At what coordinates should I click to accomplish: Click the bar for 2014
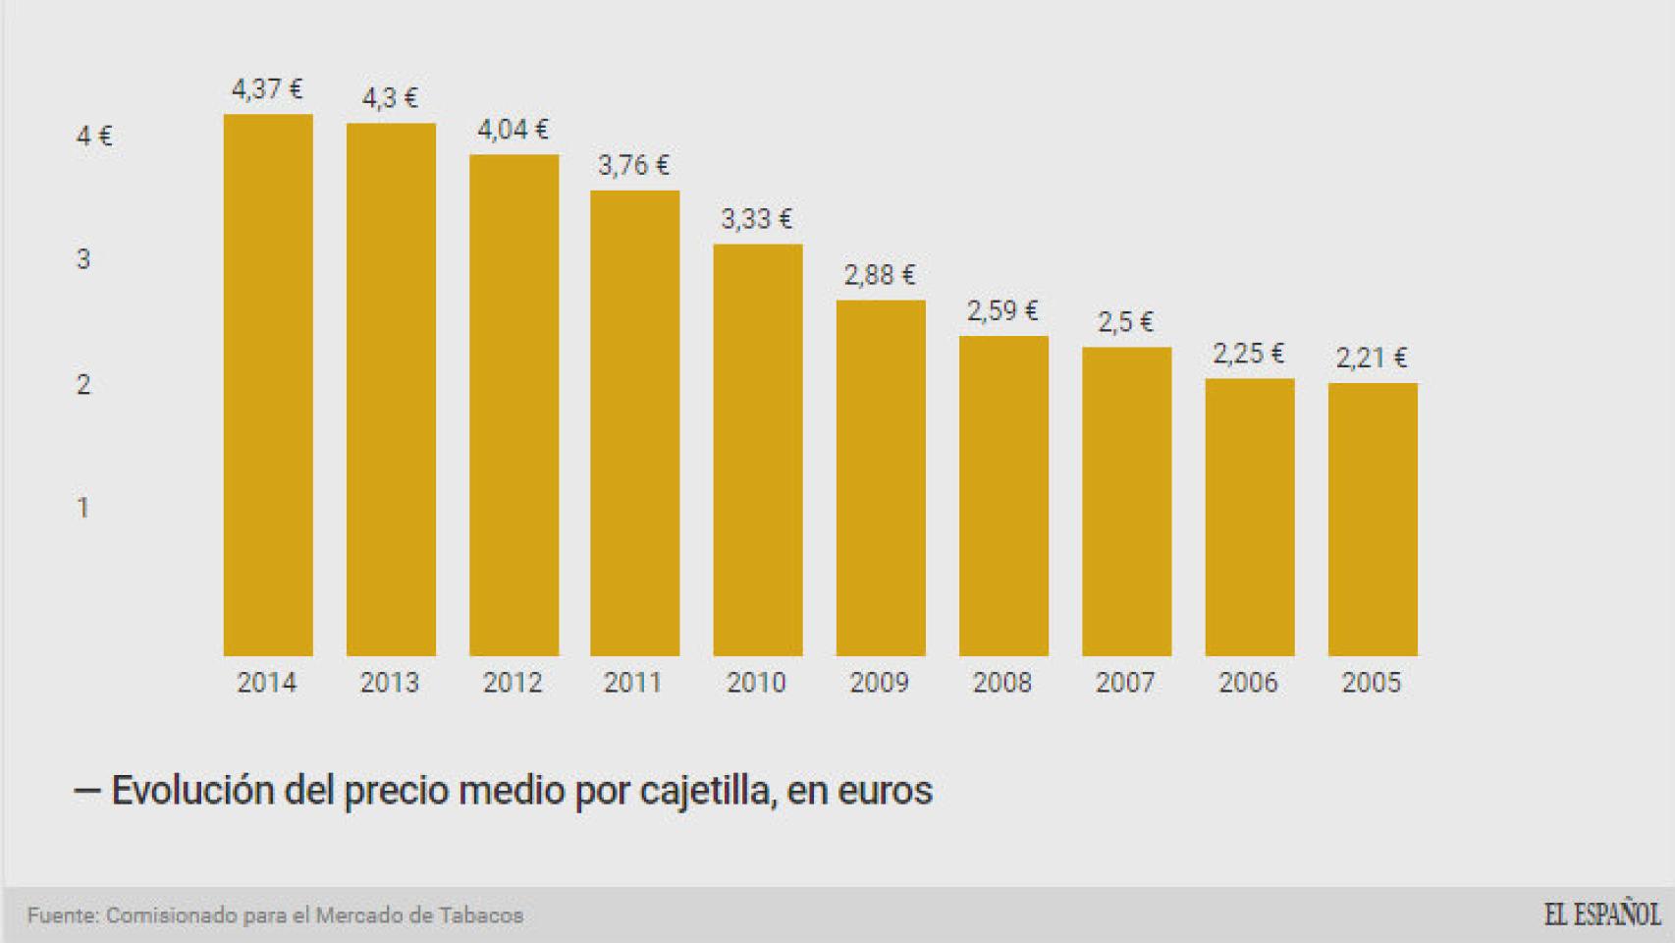(x=268, y=385)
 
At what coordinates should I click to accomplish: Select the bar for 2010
(x=758, y=450)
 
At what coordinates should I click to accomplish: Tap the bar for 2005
(x=1373, y=519)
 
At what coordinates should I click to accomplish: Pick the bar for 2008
(x=1003, y=496)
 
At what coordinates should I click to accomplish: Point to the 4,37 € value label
(x=267, y=89)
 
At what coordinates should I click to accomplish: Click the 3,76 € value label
(x=634, y=165)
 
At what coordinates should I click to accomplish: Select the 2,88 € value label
(x=880, y=275)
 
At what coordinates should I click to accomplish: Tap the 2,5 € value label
(x=1125, y=322)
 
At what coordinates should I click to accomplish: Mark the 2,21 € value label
(x=1372, y=358)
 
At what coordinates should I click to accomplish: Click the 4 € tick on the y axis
(x=94, y=136)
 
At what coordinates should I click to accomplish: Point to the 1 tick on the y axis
(x=83, y=508)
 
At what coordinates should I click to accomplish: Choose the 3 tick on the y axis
(x=83, y=259)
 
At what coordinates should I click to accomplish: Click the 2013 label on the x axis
(x=390, y=683)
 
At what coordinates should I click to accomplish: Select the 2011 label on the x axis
(x=633, y=683)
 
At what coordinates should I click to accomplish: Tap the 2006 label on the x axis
(x=1249, y=683)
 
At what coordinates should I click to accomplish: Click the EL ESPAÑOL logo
(x=1602, y=915)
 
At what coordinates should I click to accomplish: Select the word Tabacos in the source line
(x=482, y=915)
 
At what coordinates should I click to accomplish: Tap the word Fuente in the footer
(x=63, y=915)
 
